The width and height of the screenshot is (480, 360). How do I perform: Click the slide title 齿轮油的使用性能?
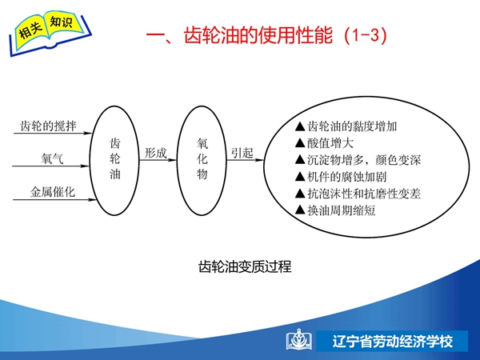pos(258,35)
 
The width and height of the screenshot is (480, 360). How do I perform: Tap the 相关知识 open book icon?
pos(50,33)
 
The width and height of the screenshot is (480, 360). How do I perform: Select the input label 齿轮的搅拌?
pos(48,126)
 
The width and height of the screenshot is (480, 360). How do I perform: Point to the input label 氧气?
pos(52,158)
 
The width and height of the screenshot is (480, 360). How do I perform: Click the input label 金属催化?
pos(52,192)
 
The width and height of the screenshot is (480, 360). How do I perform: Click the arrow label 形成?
pos(155,153)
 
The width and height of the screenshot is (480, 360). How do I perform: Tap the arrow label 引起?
pos(242,153)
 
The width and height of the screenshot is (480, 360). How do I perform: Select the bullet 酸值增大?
pos(324,143)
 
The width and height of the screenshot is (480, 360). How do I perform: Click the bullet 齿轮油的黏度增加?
pos(346,126)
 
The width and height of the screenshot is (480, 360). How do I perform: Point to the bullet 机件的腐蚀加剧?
pos(341,177)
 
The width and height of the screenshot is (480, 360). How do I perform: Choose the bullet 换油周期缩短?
pos(335,210)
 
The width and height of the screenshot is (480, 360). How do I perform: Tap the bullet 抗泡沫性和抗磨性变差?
pos(358,194)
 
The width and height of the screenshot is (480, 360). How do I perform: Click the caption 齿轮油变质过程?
pos(245,266)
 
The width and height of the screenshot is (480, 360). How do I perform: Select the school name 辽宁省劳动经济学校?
pos(393,342)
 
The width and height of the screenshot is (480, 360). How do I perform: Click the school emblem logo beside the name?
pos(299,339)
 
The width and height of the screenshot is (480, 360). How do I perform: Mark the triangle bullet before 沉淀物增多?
pos(300,159)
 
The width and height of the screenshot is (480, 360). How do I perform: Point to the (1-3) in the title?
pos(366,35)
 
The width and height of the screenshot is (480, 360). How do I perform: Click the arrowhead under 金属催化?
pos(92,199)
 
